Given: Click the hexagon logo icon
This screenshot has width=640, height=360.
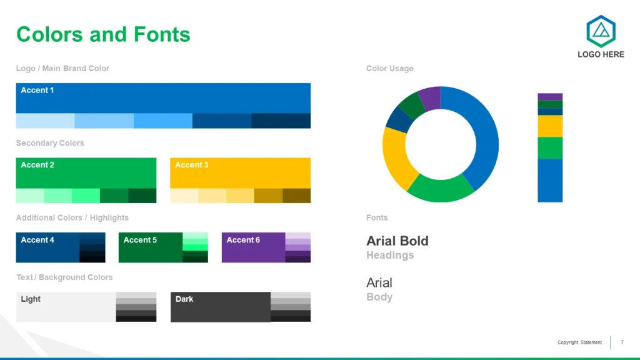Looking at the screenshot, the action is click(x=601, y=31).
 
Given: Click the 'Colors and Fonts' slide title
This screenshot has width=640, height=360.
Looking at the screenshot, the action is click(x=103, y=34).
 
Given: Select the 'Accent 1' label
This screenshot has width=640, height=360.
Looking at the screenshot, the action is click(x=37, y=90).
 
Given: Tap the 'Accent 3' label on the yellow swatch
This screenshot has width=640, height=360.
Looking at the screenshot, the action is click(x=191, y=165).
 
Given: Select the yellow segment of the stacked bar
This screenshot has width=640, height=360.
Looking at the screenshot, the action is click(x=550, y=126).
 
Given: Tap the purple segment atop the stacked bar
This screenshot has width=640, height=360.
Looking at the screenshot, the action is click(x=550, y=97).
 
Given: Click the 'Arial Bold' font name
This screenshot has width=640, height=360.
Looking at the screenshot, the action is click(x=397, y=241).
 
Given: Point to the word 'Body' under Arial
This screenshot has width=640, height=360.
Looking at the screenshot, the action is click(x=379, y=297).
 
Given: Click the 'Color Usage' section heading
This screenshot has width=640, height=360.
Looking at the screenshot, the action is click(x=390, y=69).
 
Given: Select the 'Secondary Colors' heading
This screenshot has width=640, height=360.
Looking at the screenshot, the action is click(x=50, y=143).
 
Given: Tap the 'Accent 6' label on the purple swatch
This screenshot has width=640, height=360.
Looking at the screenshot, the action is click(x=243, y=240).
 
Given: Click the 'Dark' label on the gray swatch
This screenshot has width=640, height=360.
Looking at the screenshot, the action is click(x=184, y=299).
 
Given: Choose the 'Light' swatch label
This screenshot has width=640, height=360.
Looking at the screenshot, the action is click(x=31, y=299).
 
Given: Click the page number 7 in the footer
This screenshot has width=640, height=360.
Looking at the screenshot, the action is click(x=622, y=342).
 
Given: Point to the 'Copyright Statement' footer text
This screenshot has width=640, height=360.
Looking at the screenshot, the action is click(x=579, y=342).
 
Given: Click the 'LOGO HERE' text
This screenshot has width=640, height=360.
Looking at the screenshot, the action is click(x=601, y=55).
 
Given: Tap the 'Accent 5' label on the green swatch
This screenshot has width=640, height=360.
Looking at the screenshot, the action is click(x=140, y=240).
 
